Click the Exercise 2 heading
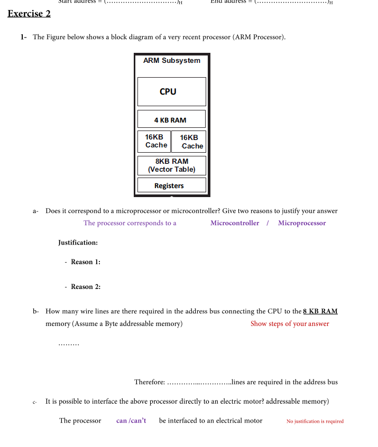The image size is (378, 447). [x=29, y=13]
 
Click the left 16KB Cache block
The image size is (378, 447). [x=155, y=141]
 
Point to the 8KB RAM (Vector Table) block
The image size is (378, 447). [x=171, y=165]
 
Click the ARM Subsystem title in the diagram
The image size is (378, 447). [x=171, y=61]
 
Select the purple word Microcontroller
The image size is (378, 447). [x=235, y=223]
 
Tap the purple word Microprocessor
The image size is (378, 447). [x=302, y=223]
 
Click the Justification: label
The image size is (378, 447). [x=78, y=243]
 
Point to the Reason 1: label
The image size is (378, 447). [x=85, y=262]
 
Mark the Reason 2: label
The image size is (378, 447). [x=85, y=287]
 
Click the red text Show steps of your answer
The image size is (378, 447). [x=289, y=324]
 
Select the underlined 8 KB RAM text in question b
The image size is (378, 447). [x=320, y=311]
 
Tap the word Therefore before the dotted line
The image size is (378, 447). [x=150, y=382]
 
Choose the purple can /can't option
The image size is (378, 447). [x=131, y=421]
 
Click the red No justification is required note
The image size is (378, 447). [x=315, y=421]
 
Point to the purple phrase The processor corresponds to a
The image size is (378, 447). [x=130, y=223]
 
